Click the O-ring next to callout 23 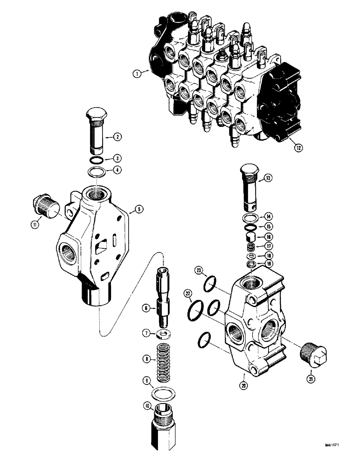[210, 282]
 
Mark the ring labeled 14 [250, 217]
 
